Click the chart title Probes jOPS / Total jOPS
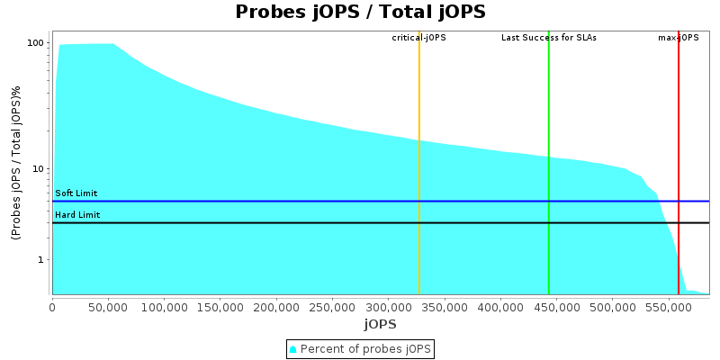click(360, 12)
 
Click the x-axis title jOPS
click(380, 323)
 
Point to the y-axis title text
click(16, 163)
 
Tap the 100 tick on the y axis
click(36, 43)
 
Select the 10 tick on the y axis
click(39, 169)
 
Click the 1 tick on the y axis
click(41, 260)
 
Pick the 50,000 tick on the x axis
click(108, 306)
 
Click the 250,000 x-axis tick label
click(332, 306)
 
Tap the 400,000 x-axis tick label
click(500, 306)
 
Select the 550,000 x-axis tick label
click(668, 306)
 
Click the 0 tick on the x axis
click(52, 306)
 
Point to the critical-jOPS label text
click(418, 38)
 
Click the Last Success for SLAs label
click(548, 38)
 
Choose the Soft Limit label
click(76, 193)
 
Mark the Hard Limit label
click(77, 215)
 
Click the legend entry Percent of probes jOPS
click(365, 348)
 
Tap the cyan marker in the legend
click(293, 348)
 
